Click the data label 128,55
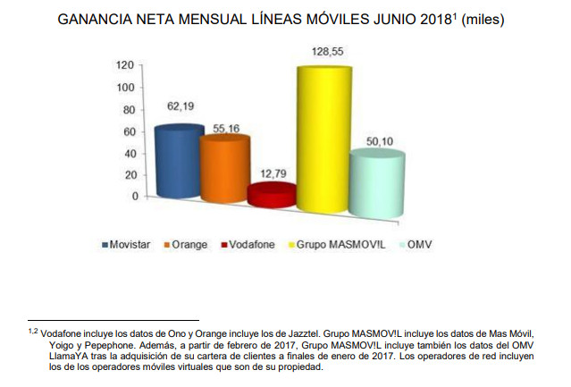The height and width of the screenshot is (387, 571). click(x=321, y=54)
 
